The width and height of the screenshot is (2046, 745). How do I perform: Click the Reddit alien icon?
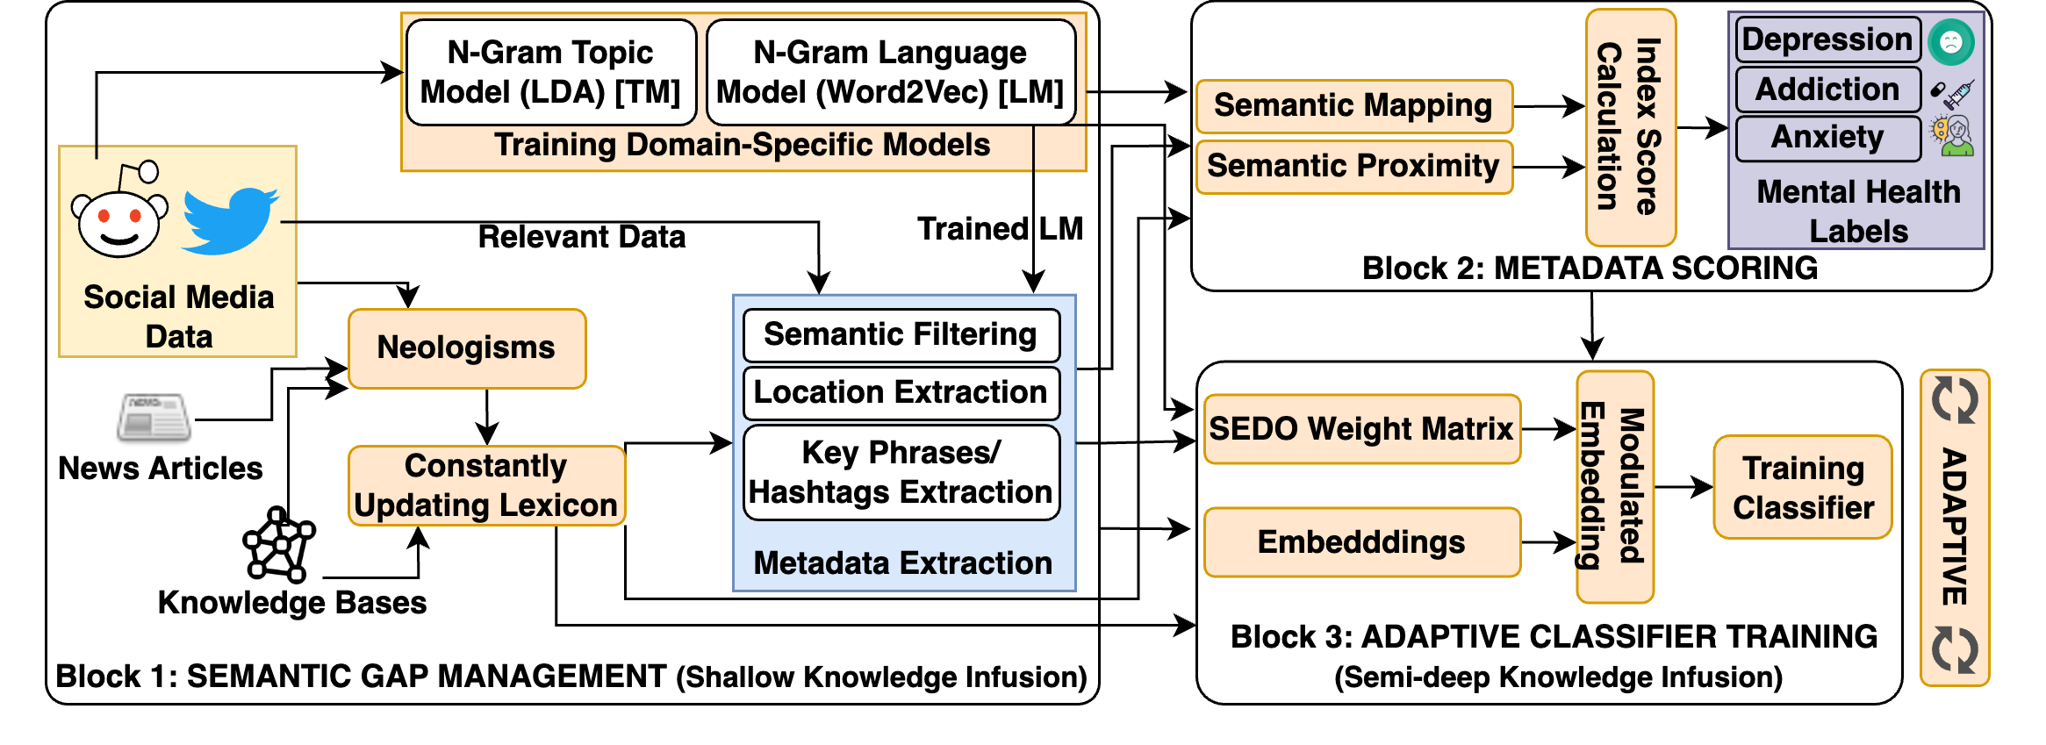[x=119, y=215]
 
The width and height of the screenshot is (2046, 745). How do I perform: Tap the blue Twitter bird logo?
[x=230, y=220]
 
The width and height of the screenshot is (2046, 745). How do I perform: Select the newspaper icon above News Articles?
[x=154, y=417]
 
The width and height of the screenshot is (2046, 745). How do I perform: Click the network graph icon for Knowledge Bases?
[x=279, y=545]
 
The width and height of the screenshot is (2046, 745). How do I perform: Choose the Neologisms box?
[x=467, y=348]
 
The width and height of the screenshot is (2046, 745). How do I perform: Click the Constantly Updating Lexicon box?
[x=486, y=486]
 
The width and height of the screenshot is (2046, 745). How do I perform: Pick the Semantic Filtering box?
[x=901, y=335]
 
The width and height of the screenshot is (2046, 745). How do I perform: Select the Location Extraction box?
[x=901, y=392]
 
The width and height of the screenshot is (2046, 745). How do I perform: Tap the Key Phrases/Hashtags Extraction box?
[x=901, y=473]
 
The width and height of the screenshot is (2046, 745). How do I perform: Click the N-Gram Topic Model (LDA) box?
[x=551, y=73]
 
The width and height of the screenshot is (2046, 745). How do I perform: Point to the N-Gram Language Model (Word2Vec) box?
[x=890, y=73]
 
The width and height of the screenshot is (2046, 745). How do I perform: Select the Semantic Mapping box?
[x=1353, y=106]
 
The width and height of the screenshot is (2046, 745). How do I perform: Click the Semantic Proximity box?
[x=1353, y=167]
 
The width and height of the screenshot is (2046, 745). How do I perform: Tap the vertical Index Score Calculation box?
[x=1630, y=127]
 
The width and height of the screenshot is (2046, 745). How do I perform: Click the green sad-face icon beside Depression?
[x=1951, y=41]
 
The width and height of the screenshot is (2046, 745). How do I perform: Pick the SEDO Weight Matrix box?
[x=1361, y=429]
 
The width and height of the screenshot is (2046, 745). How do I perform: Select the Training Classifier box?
[x=1803, y=488]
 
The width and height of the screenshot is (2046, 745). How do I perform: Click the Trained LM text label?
[x=1000, y=229]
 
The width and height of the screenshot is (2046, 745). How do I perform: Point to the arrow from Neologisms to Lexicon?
[x=487, y=418]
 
